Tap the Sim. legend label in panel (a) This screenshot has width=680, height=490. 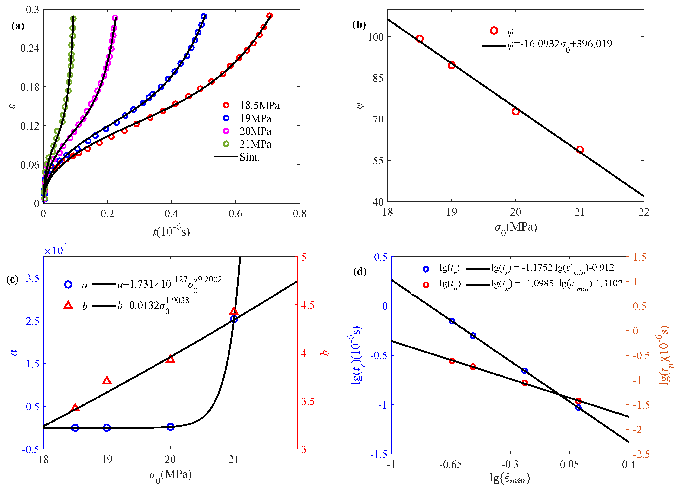pos(249,157)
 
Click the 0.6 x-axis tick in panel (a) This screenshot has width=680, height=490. pos(235,213)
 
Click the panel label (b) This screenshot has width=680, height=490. pos(359,25)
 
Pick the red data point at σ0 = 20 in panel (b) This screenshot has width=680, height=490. pos(515,112)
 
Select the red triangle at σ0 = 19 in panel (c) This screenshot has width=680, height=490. pos(107,381)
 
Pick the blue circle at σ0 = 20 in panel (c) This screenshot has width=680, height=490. pos(170,427)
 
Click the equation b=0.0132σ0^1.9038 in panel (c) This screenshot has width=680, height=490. pos(153,306)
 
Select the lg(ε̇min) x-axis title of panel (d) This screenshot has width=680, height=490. pos(510,478)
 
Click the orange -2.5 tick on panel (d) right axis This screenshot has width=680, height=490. pos(641,454)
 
